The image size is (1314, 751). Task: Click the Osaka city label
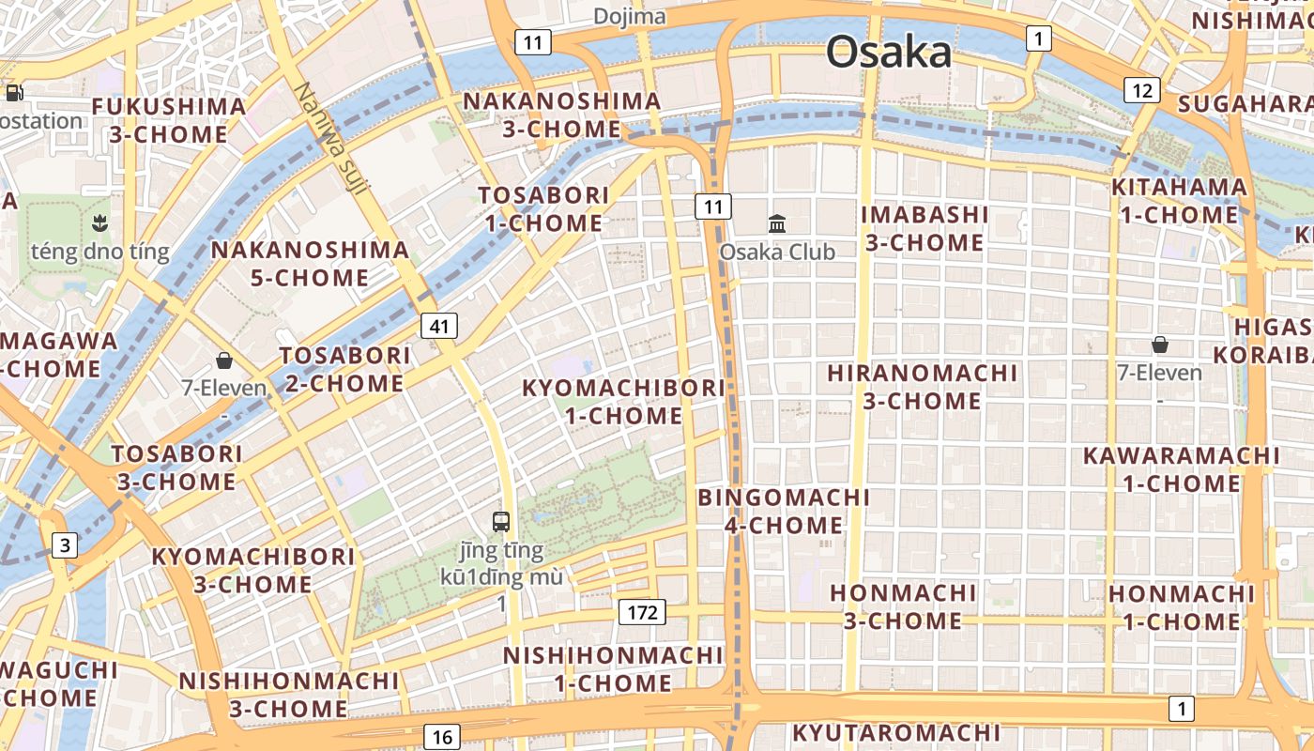coord(888,53)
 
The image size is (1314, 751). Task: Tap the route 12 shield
coord(1142,90)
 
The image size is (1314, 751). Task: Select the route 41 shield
coord(439,326)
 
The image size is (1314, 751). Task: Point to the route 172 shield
coord(642,613)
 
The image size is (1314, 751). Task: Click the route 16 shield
coord(442,736)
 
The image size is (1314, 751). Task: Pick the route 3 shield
coord(64,545)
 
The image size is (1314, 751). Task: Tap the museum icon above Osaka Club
coord(777,223)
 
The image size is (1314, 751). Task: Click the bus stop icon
coord(501,522)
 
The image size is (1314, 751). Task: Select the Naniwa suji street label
coord(330,139)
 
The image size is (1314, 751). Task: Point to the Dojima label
coord(630,17)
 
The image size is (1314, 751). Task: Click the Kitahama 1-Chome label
coord(1179,201)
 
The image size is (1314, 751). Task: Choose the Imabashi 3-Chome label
coord(924,228)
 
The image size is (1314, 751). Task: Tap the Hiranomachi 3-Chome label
coord(922,387)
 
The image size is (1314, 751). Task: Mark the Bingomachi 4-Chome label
coord(784,511)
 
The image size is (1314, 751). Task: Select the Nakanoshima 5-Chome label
coord(310,264)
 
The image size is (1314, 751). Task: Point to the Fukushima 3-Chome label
coord(169,120)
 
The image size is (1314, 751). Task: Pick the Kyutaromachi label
coord(896,732)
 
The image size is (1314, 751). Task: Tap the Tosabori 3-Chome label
coord(176,467)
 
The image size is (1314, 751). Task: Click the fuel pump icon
coord(15,92)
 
